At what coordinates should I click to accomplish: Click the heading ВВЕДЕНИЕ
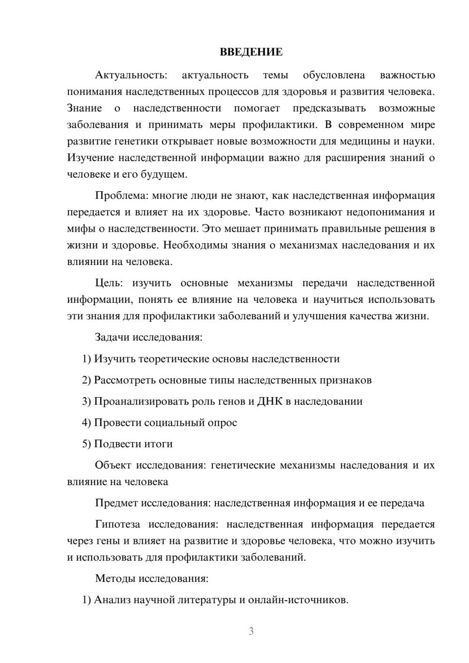(x=251, y=52)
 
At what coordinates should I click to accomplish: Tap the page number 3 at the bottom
(x=251, y=631)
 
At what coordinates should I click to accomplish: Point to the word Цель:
(x=109, y=283)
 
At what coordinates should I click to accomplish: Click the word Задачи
(x=112, y=337)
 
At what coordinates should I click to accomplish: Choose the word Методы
(x=115, y=578)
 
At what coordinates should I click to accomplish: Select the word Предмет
(x=116, y=503)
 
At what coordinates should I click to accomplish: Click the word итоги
(x=159, y=444)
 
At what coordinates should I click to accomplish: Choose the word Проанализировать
(x=141, y=401)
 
